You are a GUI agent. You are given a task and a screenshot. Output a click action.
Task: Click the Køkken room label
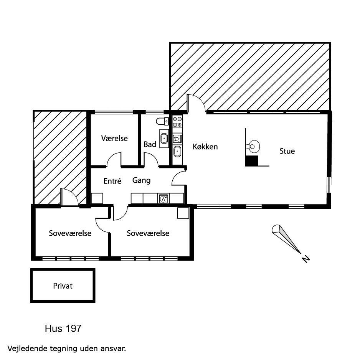(205, 147)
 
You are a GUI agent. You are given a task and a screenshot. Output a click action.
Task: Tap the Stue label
(287, 151)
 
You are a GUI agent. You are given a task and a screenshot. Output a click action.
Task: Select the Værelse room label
(114, 138)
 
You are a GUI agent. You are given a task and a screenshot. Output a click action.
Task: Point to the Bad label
(150, 145)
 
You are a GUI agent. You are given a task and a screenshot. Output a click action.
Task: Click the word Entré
(112, 181)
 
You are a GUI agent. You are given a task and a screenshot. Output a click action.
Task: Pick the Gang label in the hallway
(141, 180)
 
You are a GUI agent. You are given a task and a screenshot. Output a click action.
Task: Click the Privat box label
(63, 286)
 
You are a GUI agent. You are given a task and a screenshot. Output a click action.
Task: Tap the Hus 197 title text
(63, 329)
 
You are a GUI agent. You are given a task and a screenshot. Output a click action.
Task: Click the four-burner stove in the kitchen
(177, 122)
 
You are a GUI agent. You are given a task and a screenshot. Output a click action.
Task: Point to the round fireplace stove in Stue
(253, 146)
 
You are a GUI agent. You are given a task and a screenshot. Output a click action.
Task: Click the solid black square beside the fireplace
(251, 161)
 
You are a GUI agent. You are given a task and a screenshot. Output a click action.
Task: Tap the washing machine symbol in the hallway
(163, 198)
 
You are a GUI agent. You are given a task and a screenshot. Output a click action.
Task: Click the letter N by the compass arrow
(306, 259)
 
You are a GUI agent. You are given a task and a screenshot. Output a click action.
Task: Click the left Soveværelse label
(70, 233)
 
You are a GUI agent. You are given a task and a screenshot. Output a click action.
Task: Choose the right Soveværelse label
(148, 233)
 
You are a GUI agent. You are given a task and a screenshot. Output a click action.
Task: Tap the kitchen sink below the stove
(177, 151)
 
